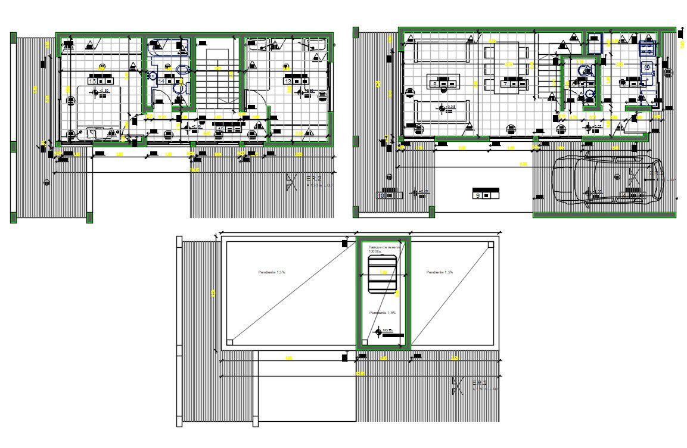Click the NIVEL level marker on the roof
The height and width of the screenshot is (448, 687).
pos(387,331)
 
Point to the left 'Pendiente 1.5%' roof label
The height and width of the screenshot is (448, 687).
pos(271,272)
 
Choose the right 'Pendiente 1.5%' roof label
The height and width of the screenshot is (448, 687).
pos(440,272)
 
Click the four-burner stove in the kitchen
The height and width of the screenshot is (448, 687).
pos(646,48)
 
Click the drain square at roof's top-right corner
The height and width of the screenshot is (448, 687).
pos(490,244)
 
